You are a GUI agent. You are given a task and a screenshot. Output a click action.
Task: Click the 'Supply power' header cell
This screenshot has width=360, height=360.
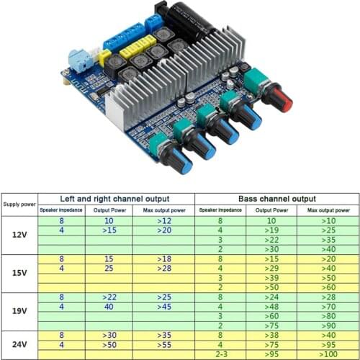[x=19, y=204]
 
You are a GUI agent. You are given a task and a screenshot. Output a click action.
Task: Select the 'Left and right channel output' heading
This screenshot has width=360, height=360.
[x=115, y=198]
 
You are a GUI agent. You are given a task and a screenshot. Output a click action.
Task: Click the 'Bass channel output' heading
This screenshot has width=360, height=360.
[x=276, y=198]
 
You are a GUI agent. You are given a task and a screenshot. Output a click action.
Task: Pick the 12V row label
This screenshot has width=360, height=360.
[x=19, y=235]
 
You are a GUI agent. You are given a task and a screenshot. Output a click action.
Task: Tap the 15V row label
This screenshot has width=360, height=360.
[x=19, y=272]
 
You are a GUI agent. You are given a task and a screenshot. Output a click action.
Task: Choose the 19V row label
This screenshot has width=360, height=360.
[x=19, y=311]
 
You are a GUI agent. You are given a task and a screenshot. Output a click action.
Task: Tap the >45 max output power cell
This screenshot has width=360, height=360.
[x=163, y=306]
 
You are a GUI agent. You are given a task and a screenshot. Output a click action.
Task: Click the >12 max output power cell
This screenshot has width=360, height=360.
[x=163, y=221]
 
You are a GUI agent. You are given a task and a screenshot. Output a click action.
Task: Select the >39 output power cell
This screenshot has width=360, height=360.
[x=271, y=277]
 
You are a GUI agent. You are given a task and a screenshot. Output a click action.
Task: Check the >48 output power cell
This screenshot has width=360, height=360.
[x=271, y=306]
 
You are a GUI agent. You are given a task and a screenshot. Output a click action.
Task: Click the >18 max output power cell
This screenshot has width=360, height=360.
[x=163, y=258]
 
